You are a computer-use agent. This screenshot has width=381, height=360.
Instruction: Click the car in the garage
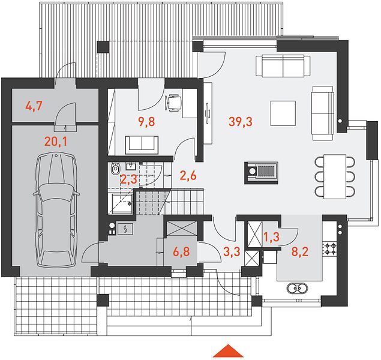pos(56,211)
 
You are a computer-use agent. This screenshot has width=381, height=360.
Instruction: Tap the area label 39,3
pos(241,121)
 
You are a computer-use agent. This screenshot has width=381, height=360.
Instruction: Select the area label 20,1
pos(56,142)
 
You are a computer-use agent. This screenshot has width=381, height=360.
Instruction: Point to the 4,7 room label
pos(34,106)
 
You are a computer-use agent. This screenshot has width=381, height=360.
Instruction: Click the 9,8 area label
pos(146,121)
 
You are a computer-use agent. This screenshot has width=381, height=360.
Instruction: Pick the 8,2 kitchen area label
pos(300,251)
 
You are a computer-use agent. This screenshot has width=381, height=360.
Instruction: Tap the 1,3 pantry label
pos(271,237)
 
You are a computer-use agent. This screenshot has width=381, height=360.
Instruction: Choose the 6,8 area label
pos(181,251)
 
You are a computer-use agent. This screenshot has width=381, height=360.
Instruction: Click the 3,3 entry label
pos(232,251)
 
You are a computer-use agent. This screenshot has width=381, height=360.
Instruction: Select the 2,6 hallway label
pos(188,175)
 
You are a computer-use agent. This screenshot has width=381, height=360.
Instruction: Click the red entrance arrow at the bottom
pos(228,351)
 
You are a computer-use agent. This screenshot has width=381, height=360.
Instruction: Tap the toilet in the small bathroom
pos(115,169)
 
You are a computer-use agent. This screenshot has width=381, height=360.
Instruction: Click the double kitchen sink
pos(297,289)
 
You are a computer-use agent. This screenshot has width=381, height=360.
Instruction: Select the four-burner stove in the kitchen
pos(330,249)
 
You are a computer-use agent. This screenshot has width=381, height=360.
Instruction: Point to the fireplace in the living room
pos(261,173)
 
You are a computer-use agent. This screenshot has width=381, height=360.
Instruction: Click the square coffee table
pos(283,113)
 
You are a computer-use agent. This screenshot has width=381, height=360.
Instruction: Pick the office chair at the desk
pos(173,103)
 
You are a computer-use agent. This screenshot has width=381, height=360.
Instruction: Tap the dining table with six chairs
pos(335,176)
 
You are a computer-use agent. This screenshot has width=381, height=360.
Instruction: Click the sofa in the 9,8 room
pos(142,145)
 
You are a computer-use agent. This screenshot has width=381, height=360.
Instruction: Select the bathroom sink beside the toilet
pos(131,167)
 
